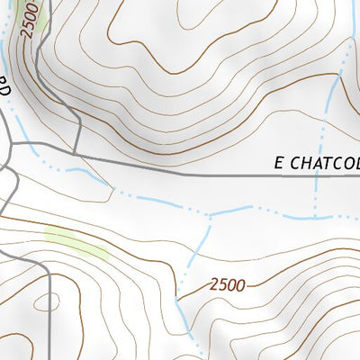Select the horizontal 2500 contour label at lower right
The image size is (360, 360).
point(227,285)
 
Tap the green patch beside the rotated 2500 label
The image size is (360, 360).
point(40,13)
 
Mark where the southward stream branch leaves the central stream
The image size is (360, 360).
point(209,216)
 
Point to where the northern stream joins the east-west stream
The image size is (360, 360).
point(315,217)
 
